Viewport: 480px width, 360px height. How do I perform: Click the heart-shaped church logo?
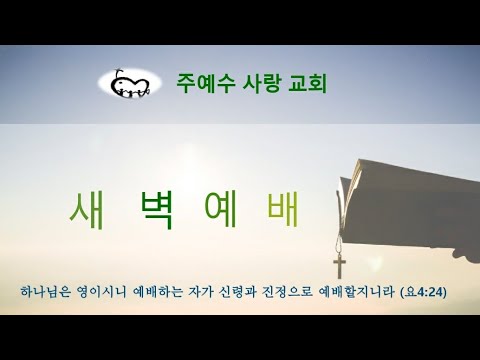(x=129, y=84)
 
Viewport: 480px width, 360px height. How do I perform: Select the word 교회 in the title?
(x=307, y=83)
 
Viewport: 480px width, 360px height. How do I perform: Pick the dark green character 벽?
(x=156, y=209)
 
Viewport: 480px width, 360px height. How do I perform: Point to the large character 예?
(x=221, y=209)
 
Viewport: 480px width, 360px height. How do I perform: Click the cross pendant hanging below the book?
(x=340, y=266)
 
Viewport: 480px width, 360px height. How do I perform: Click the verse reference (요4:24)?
(x=423, y=292)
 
